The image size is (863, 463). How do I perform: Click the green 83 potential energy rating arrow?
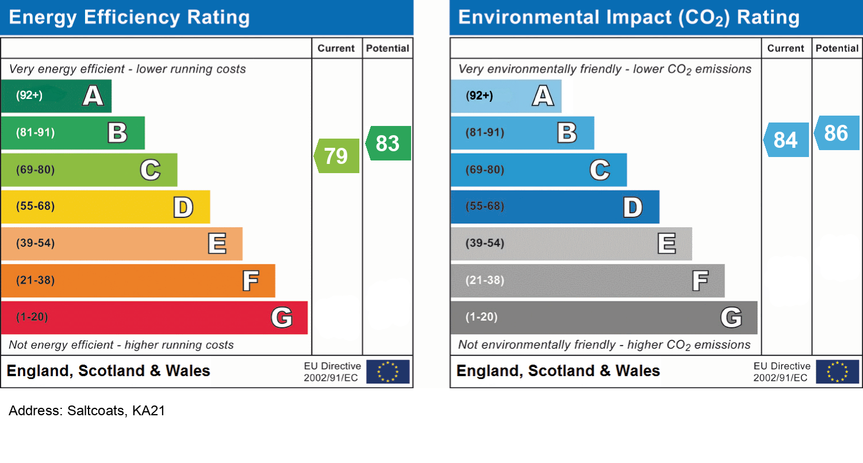pyautogui.click(x=388, y=143)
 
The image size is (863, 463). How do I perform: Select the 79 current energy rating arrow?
pyautogui.click(x=337, y=156)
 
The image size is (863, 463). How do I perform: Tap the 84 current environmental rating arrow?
pyautogui.click(x=786, y=140)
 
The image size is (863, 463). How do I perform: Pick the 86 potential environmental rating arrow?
pyautogui.click(x=837, y=133)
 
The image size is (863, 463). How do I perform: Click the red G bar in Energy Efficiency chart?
pyautogui.click(x=154, y=317)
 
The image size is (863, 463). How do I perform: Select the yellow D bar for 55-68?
pyautogui.click(x=105, y=206)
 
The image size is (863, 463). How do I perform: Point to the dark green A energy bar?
pyautogui.click(x=56, y=95)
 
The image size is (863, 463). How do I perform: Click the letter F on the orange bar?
pyautogui.click(x=250, y=281)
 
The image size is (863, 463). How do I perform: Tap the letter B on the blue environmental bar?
pyautogui.click(x=567, y=133)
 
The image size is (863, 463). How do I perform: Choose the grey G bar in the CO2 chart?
pyautogui.click(x=604, y=317)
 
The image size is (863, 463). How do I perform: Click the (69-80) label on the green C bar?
pyautogui.click(x=36, y=170)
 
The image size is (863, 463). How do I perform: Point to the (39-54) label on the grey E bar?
pyautogui.click(x=485, y=243)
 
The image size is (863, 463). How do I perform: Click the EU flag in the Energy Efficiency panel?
pyautogui.click(x=388, y=372)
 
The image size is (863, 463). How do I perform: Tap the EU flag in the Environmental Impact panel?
pyautogui.click(x=837, y=372)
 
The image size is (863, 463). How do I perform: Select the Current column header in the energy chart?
pyautogui.click(x=336, y=48)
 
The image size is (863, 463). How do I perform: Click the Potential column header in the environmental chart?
pyautogui.click(x=837, y=48)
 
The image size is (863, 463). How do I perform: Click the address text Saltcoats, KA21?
pyautogui.click(x=87, y=411)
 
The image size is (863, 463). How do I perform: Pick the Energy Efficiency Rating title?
pyautogui.click(x=129, y=17)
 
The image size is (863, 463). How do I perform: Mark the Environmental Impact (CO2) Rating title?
pyautogui.click(x=628, y=17)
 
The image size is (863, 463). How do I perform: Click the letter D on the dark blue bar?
pyautogui.click(x=632, y=207)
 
